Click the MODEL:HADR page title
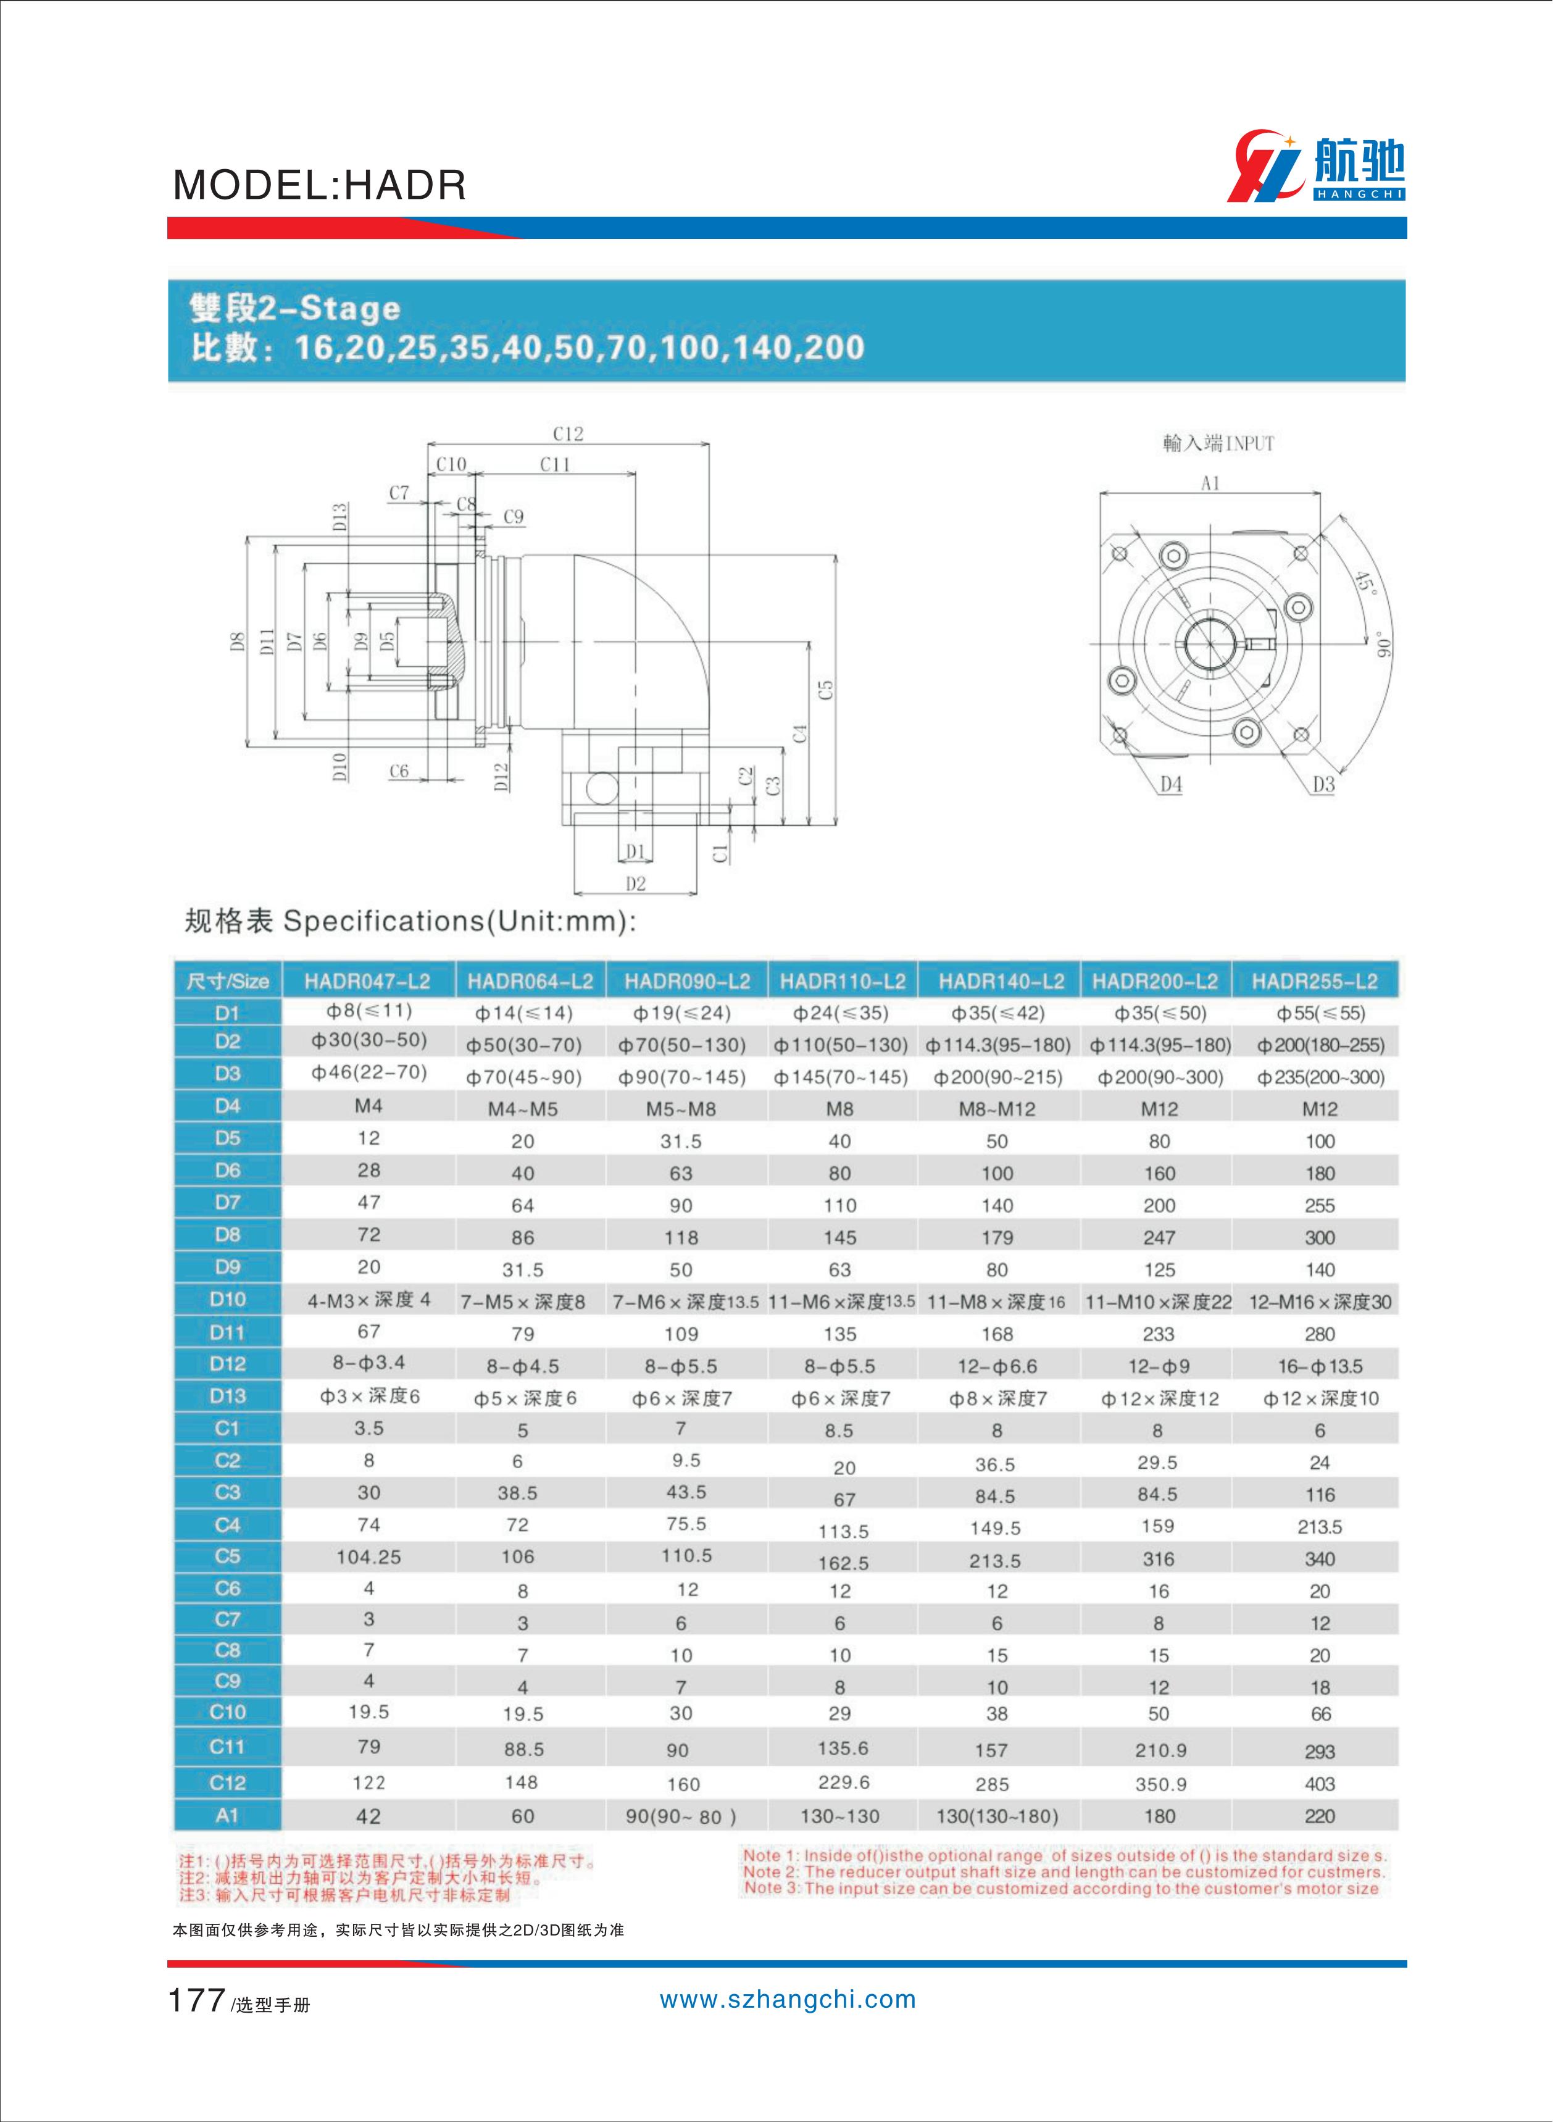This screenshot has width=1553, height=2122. pyautogui.click(x=320, y=185)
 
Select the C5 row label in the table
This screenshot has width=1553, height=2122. pyautogui.click(x=228, y=1556)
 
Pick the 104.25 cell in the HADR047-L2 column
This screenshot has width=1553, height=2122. pyautogui.click(x=368, y=1557)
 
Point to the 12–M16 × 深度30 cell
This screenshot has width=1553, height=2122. pyautogui.click(x=1320, y=1302)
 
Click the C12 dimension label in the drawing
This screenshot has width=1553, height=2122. pyautogui.click(x=568, y=433)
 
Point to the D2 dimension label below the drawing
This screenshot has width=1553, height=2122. pyautogui.click(x=636, y=883)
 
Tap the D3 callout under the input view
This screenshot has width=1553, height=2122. pyautogui.click(x=1323, y=784)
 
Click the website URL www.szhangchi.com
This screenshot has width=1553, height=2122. pyautogui.click(x=788, y=2000)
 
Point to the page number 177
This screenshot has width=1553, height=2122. pyautogui.click(x=196, y=2000)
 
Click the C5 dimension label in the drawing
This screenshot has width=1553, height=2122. pyautogui.click(x=825, y=690)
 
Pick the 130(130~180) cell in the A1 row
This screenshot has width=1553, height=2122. pyautogui.click(x=996, y=1816)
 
